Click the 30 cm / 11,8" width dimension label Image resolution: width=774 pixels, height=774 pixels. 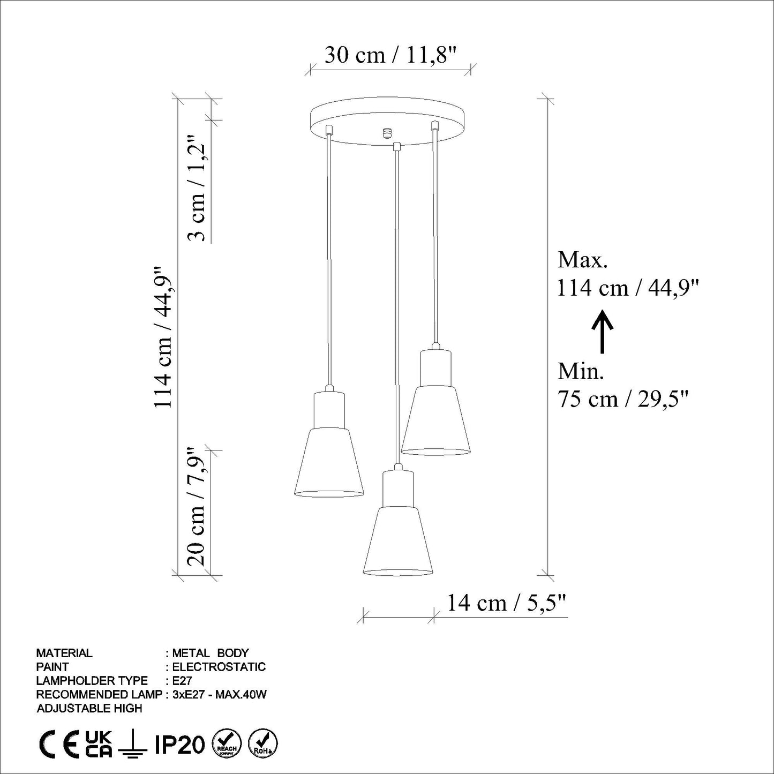(x=391, y=55)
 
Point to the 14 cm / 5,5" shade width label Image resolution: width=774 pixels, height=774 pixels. (x=507, y=603)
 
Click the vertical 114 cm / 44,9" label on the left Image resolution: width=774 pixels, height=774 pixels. (x=164, y=336)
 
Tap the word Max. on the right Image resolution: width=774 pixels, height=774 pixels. (x=583, y=260)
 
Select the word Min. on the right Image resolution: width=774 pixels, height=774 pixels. (x=581, y=372)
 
